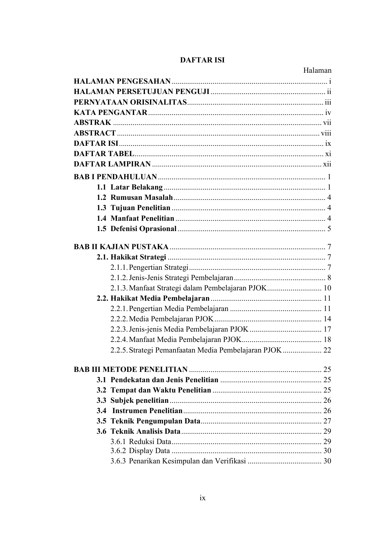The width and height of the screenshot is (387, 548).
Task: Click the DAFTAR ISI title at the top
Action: click(x=202, y=60)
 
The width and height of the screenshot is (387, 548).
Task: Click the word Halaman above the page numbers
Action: click(x=317, y=71)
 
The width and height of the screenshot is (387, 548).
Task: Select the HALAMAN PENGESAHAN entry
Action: click(x=122, y=81)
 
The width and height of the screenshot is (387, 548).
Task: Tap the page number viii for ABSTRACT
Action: click(x=326, y=133)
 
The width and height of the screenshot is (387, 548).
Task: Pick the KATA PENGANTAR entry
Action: click(x=111, y=112)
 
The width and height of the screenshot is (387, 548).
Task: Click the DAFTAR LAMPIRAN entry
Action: click(x=112, y=164)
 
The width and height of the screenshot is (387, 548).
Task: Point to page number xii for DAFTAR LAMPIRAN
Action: click(x=327, y=164)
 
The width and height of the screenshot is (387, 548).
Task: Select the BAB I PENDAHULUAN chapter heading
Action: click(x=115, y=177)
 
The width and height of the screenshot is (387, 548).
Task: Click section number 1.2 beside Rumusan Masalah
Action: click(x=101, y=197)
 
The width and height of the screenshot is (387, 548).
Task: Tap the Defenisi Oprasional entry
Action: click(x=143, y=229)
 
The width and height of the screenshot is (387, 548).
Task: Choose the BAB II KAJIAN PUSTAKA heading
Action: click(x=121, y=247)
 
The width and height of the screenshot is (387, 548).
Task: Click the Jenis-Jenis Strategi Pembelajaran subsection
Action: click(x=181, y=278)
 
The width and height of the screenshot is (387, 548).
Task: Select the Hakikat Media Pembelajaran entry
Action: click(x=160, y=298)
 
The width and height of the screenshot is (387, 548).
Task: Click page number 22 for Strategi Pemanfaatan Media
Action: click(x=327, y=350)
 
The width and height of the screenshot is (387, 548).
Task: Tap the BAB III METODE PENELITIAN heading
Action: click(x=131, y=369)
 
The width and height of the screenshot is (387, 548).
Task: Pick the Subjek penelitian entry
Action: click(x=139, y=400)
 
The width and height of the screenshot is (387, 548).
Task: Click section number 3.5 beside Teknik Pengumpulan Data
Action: click(x=101, y=421)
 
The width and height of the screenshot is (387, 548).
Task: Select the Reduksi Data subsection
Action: click(x=150, y=442)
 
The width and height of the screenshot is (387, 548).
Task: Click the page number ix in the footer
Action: click(x=203, y=498)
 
